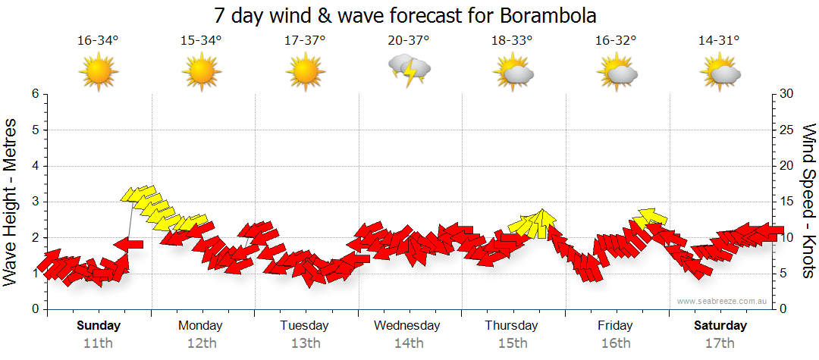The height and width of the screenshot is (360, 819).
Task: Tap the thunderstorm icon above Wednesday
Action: point(409,70)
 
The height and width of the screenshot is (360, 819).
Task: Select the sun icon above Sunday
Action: point(98,73)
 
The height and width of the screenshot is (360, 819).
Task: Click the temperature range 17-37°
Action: point(305,41)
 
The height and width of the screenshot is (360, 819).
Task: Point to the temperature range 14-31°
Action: point(719,41)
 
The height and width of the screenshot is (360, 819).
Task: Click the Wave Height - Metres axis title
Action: point(11,201)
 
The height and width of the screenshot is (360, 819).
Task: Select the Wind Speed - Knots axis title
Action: point(808,201)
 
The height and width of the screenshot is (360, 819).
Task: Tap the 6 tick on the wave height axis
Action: point(35,94)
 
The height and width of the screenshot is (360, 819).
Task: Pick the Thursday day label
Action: point(512,326)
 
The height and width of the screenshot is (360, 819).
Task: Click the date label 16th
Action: point(615,343)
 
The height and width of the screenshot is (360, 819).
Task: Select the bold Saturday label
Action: point(720,326)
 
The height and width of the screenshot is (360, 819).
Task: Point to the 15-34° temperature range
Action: point(201,41)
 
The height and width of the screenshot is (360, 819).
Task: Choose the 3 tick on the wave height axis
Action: point(35,202)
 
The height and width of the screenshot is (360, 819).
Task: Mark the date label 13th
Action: point(305,343)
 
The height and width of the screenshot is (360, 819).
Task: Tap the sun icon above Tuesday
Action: point(305,73)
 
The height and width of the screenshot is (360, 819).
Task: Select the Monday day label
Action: point(201,326)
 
